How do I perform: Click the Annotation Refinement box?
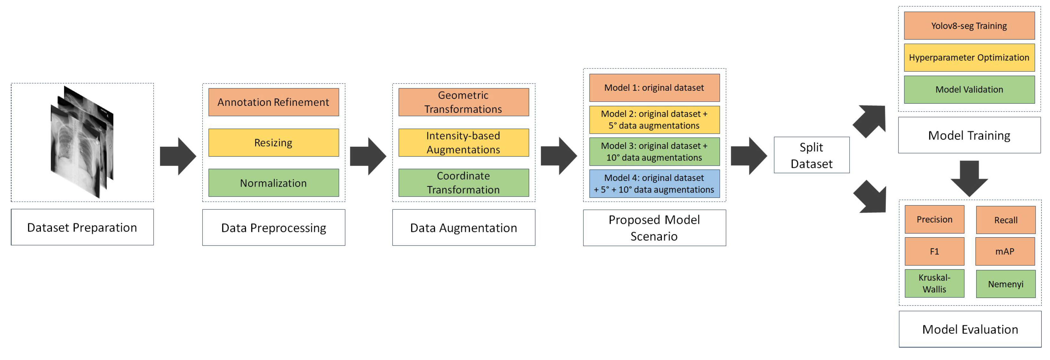274,102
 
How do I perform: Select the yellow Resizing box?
274,143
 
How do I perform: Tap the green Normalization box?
274,183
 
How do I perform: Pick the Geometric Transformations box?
463,102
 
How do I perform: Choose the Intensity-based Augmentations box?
463,143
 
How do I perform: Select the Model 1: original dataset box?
654,88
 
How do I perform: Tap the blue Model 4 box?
654,184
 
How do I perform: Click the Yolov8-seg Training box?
969,26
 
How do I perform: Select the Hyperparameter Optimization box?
969,58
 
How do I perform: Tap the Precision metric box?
934,219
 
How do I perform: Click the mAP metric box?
1005,252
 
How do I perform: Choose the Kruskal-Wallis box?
934,283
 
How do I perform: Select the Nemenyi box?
1006,284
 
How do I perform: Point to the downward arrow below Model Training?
969,178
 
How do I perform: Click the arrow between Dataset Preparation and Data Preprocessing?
178,156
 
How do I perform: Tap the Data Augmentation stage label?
463,228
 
